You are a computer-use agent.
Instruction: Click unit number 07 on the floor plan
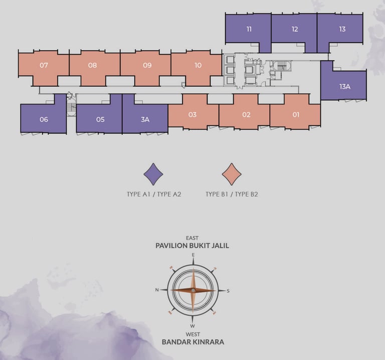(44, 65)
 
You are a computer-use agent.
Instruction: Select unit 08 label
(92, 65)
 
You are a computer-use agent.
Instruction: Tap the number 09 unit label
(147, 65)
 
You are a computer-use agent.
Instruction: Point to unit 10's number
(198, 65)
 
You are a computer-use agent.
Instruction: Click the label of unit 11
(249, 29)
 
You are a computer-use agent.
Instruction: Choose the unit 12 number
(295, 29)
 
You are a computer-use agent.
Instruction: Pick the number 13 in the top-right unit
(342, 29)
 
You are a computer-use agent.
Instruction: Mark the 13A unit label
(344, 86)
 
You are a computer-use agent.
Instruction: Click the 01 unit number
(296, 114)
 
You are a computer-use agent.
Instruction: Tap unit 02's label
(246, 114)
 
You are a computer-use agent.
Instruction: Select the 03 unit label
(192, 114)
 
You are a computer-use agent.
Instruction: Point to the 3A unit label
(145, 119)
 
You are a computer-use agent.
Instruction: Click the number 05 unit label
(100, 119)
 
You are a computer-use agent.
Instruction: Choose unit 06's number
(44, 119)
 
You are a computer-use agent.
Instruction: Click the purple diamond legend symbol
(153, 174)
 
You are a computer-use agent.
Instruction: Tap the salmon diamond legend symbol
(232, 174)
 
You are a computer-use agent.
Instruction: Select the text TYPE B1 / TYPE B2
(232, 194)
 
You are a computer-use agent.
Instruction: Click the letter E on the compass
(193, 255)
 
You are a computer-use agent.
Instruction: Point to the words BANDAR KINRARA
(193, 342)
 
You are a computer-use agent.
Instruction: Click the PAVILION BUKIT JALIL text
(192, 246)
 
